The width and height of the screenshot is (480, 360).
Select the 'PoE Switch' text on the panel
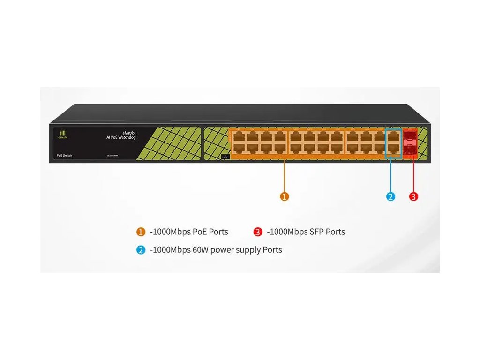pyautogui.click(x=61, y=155)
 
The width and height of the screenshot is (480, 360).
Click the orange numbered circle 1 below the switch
pyautogui.click(x=284, y=196)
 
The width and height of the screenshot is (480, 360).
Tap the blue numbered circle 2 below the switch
pyautogui.click(x=391, y=196)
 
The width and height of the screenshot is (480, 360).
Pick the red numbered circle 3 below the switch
pyautogui.click(x=413, y=196)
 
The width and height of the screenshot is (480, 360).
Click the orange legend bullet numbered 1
pyautogui.click(x=141, y=232)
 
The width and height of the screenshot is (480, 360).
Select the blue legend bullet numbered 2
pyautogui.click(x=141, y=250)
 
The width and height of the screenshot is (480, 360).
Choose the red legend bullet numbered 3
pyautogui.click(x=258, y=232)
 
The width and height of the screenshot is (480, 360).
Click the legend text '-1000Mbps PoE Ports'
pyautogui.click(x=189, y=232)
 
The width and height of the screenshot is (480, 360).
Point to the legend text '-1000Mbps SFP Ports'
pyautogui.click(x=306, y=232)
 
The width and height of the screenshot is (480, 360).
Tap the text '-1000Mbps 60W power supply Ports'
pyautogui.click(x=216, y=250)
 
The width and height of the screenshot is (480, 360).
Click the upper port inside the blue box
pyautogui.click(x=393, y=136)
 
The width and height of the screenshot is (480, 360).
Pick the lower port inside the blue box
pyautogui.click(x=393, y=149)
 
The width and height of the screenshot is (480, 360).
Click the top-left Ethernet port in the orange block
pyautogui.click(x=238, y=136)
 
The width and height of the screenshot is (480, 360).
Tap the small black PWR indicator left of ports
pyautogui.click(x=225, y=157)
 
